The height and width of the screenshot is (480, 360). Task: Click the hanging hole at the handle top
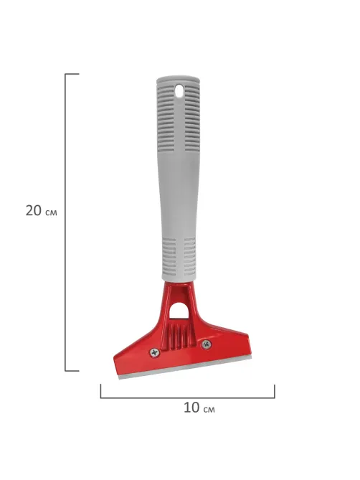pos(179,91)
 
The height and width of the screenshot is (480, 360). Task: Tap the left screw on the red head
pos(155,353)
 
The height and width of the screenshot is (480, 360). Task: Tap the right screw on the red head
pos(207,344)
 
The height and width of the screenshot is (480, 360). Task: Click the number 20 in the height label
pos(33,211)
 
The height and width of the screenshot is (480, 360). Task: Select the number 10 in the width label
pos(191,408)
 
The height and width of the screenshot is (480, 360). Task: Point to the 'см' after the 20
pos(51,212)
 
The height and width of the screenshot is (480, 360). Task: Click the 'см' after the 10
pos(209,409)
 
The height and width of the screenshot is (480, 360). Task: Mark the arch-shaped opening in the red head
pos(179,310)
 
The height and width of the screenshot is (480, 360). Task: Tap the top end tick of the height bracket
pos(72,74)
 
